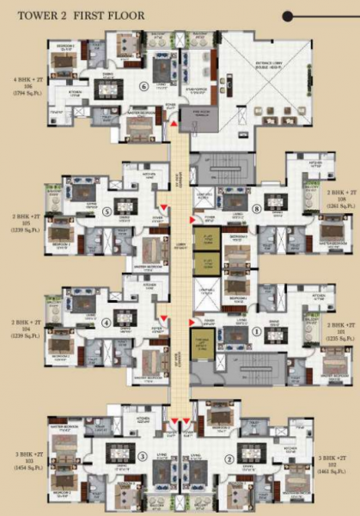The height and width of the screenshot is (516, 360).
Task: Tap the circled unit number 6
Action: pos(143,86)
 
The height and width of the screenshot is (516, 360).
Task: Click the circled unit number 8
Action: pos(257,209)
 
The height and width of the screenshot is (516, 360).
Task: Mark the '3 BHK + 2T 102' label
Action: pos(336,465)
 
